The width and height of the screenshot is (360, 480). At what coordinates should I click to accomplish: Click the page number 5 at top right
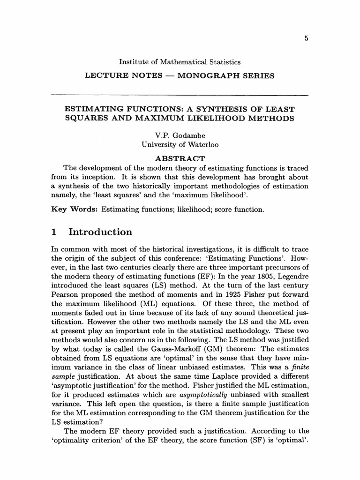(x=306, y=39)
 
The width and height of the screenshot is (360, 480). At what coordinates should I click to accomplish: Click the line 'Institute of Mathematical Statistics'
(x=180, y=62)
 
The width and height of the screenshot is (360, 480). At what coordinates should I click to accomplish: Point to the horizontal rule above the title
(x=180, y=96)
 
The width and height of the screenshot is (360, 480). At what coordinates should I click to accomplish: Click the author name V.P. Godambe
(x=180, y=136)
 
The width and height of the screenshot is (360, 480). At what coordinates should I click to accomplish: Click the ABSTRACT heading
(x=180, y=158)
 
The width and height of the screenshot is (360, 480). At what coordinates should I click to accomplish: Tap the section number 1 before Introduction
(x=54, y=232)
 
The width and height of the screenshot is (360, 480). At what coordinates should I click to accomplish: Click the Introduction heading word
(x=100, y=232)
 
